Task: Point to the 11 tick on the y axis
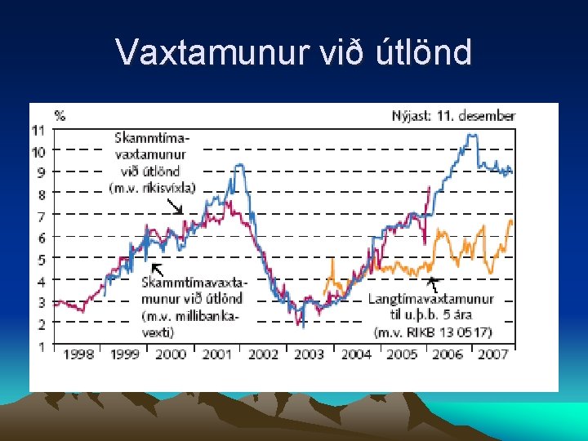[38, 130]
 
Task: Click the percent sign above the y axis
[60, 115]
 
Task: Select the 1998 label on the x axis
[78, 354]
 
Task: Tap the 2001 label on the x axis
[216, 354]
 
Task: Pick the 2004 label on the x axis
[355, 354]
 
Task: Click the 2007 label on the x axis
[492, 354]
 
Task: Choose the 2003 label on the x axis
[309, 354]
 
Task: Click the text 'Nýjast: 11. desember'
[453, 116]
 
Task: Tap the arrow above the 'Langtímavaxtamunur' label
[434, 284]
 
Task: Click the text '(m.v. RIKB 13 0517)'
[432, 332]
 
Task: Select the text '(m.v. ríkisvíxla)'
[152, 188]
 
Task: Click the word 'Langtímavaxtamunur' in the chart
[430, 299]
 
